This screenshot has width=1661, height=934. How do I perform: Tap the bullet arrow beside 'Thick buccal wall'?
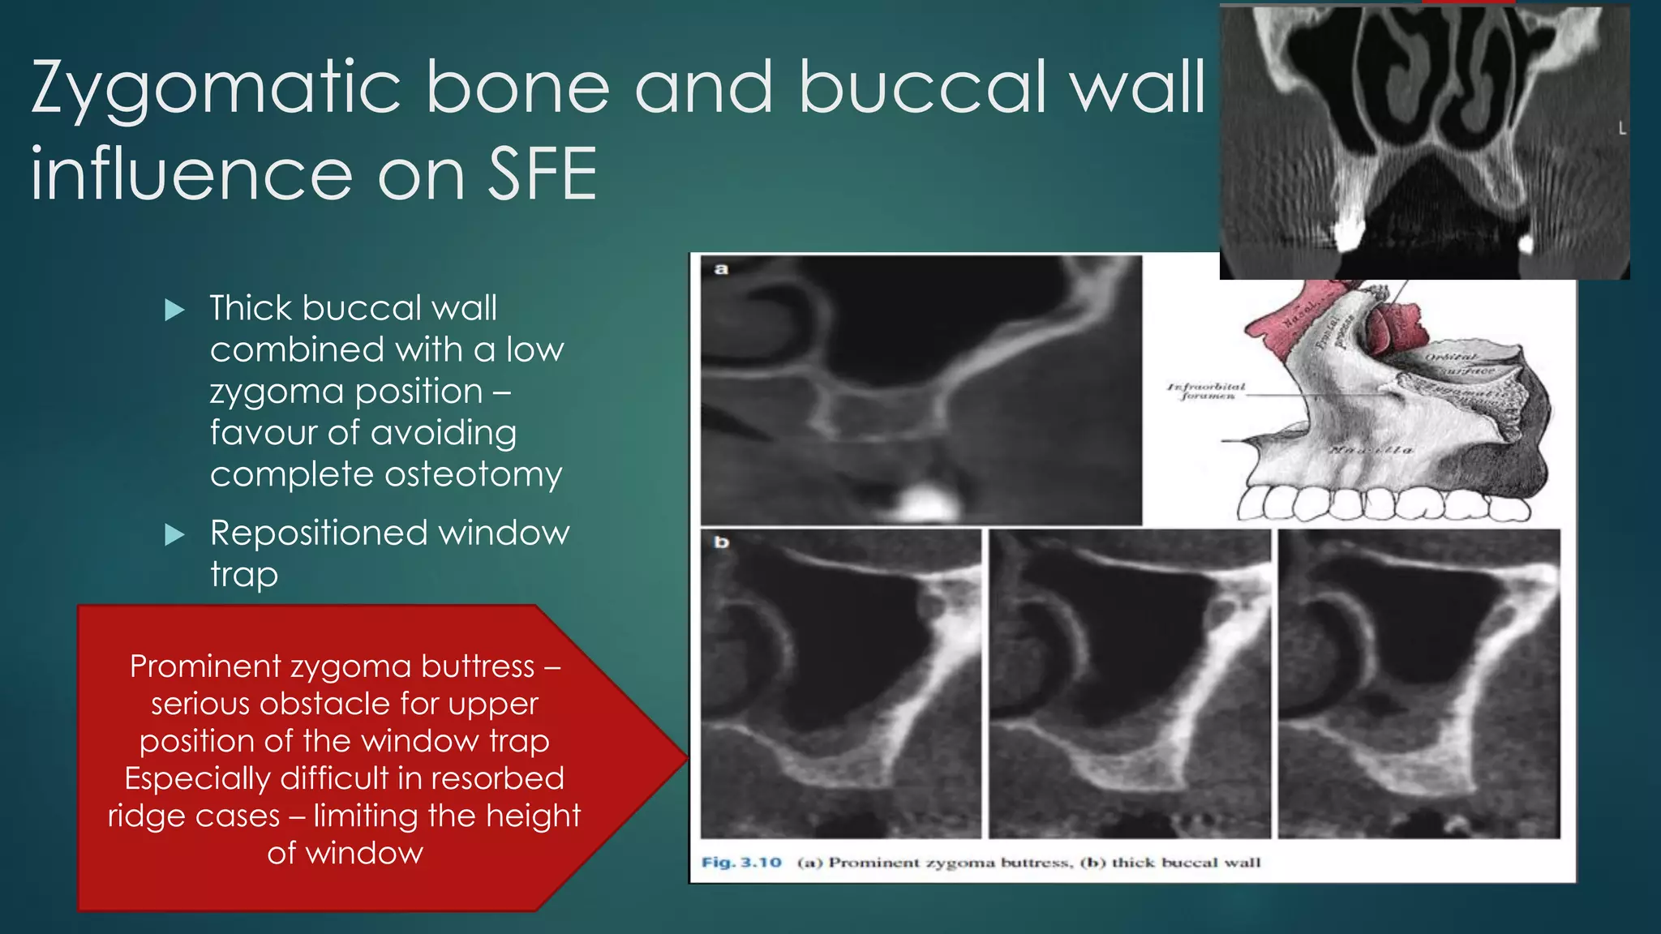pyautogui.click(x=174, y=310)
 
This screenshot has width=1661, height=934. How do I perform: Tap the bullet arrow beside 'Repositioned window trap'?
pyautogui.click(x=174, y=535)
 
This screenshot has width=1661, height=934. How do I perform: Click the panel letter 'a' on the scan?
pyautogui.click(x=721, y=269)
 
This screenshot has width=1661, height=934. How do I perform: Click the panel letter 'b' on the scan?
pyautogui.click(x=721, y=542)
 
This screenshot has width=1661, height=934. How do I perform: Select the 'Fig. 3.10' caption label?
pyautogui.click(x=741, y=863)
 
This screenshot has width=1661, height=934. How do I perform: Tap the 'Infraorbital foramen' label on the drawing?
pyautogui.click(x=1206, y=392)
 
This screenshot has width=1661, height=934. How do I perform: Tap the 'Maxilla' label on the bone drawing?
pyautogui.click(x=1371, y=450)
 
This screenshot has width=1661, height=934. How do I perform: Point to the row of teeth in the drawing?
pyautogui.click(x=1379, y=504)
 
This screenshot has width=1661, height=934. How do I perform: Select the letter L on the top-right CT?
pyautogui.click(x=1621, y=129)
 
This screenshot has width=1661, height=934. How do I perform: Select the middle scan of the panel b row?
pyautogui.click(x=1129, y=683)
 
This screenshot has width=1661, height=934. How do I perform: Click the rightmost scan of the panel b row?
pyautogui.click(x=1419, y=683)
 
